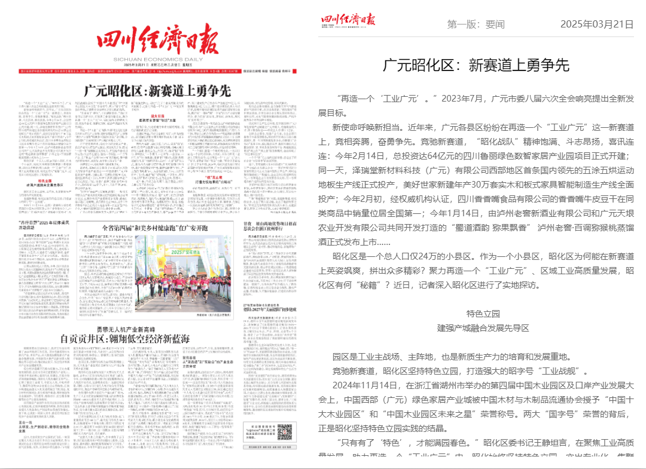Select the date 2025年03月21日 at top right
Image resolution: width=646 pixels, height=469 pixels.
596,24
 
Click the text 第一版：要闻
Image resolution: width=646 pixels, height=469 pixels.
476,24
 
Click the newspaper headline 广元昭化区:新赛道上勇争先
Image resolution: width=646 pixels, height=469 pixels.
157,91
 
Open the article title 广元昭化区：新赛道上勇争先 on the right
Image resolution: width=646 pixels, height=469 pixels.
476,65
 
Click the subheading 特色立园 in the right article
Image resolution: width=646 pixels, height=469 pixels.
483,314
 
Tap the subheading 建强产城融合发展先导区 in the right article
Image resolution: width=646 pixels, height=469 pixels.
483,328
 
